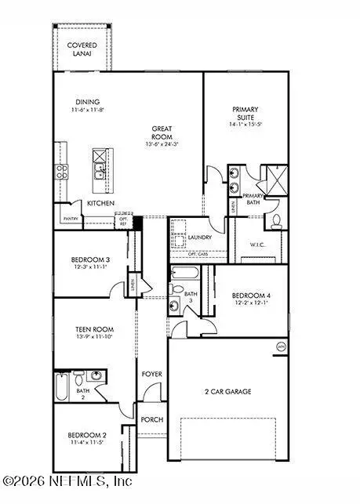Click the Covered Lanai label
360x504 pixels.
(x=82, y=50)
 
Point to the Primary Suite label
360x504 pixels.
(x=245, y=114)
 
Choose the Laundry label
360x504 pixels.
(x=201, y=237)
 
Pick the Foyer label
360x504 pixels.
(x=151, y=374)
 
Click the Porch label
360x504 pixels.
(x=151, y=419)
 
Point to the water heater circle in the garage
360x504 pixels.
(x=280, y=346)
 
